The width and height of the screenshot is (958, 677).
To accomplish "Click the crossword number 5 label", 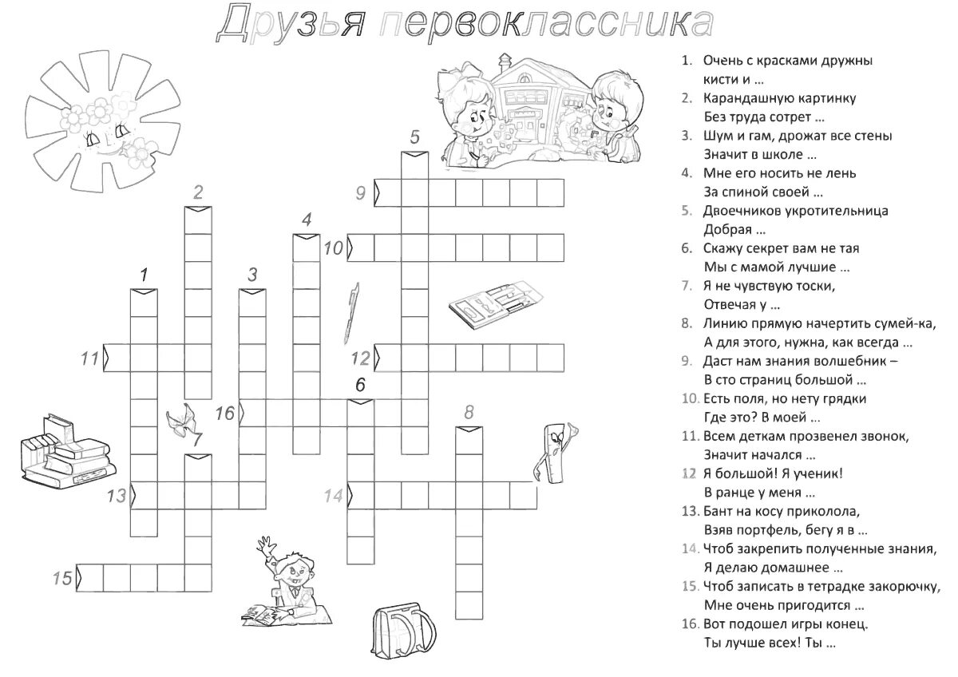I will coord(414,137).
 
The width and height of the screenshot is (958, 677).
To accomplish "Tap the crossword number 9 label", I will coord(361,193).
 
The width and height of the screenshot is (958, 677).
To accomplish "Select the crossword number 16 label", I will coord(225,413).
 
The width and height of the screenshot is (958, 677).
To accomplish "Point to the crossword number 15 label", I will coord(62,578).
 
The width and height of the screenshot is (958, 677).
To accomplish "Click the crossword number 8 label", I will coord(469,412).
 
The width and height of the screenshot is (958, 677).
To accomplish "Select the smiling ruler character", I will coord(552,450).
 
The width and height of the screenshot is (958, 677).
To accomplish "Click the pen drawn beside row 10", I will coord(350,310).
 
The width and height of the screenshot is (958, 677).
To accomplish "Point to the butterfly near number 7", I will coord(182,420).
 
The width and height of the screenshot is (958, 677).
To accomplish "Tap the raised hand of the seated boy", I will coord(263,546).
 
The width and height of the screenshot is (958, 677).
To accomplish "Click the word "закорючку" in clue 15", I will coord(895,586).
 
